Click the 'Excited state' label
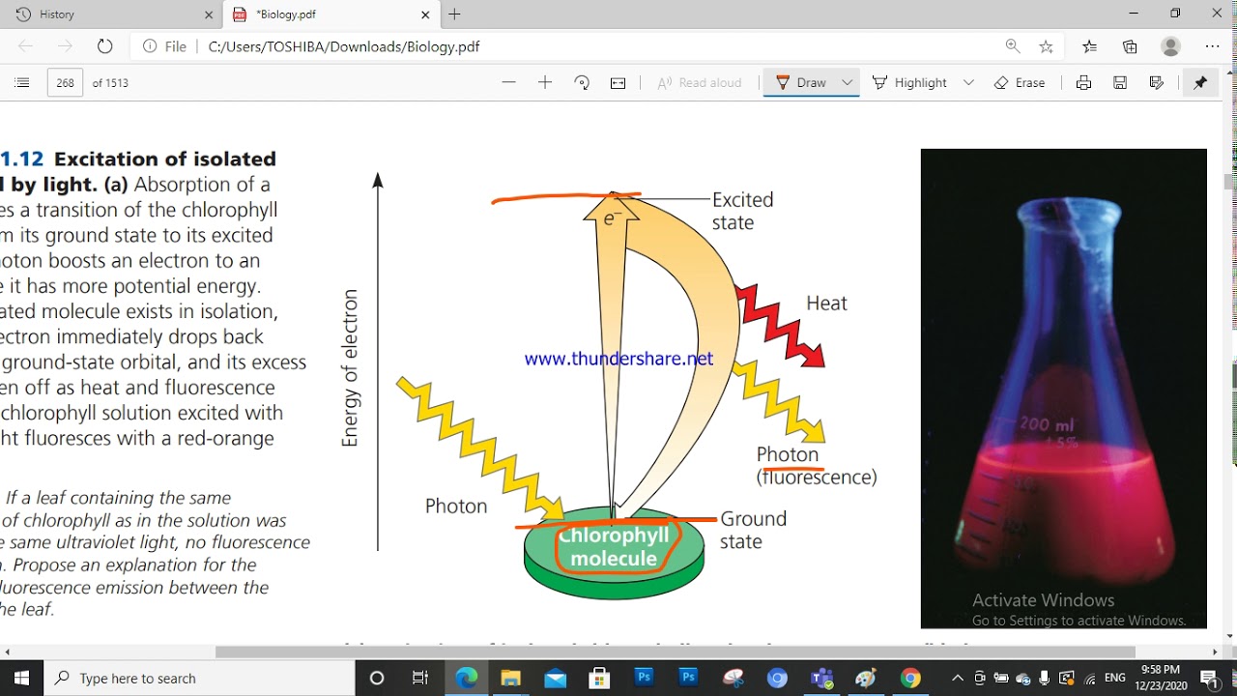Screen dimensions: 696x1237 point(742,211)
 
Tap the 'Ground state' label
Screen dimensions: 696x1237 point(753,530)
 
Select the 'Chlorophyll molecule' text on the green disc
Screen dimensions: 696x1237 point(614,547)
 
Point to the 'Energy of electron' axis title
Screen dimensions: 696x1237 point(350,368)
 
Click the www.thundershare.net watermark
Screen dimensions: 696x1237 point(618,359)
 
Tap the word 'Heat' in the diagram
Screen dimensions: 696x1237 point(826,304)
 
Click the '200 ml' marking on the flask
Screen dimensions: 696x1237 point(1047,425)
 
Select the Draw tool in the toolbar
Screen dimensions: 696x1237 point(801,83)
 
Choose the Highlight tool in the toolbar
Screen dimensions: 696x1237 point(910,83)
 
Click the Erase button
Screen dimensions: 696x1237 point(1020,83)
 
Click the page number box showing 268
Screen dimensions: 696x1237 point(65,83)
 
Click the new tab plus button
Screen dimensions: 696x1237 point(454,14)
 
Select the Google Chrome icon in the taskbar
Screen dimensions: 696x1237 point(910,678)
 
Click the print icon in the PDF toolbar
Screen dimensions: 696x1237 point(1083,83)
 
